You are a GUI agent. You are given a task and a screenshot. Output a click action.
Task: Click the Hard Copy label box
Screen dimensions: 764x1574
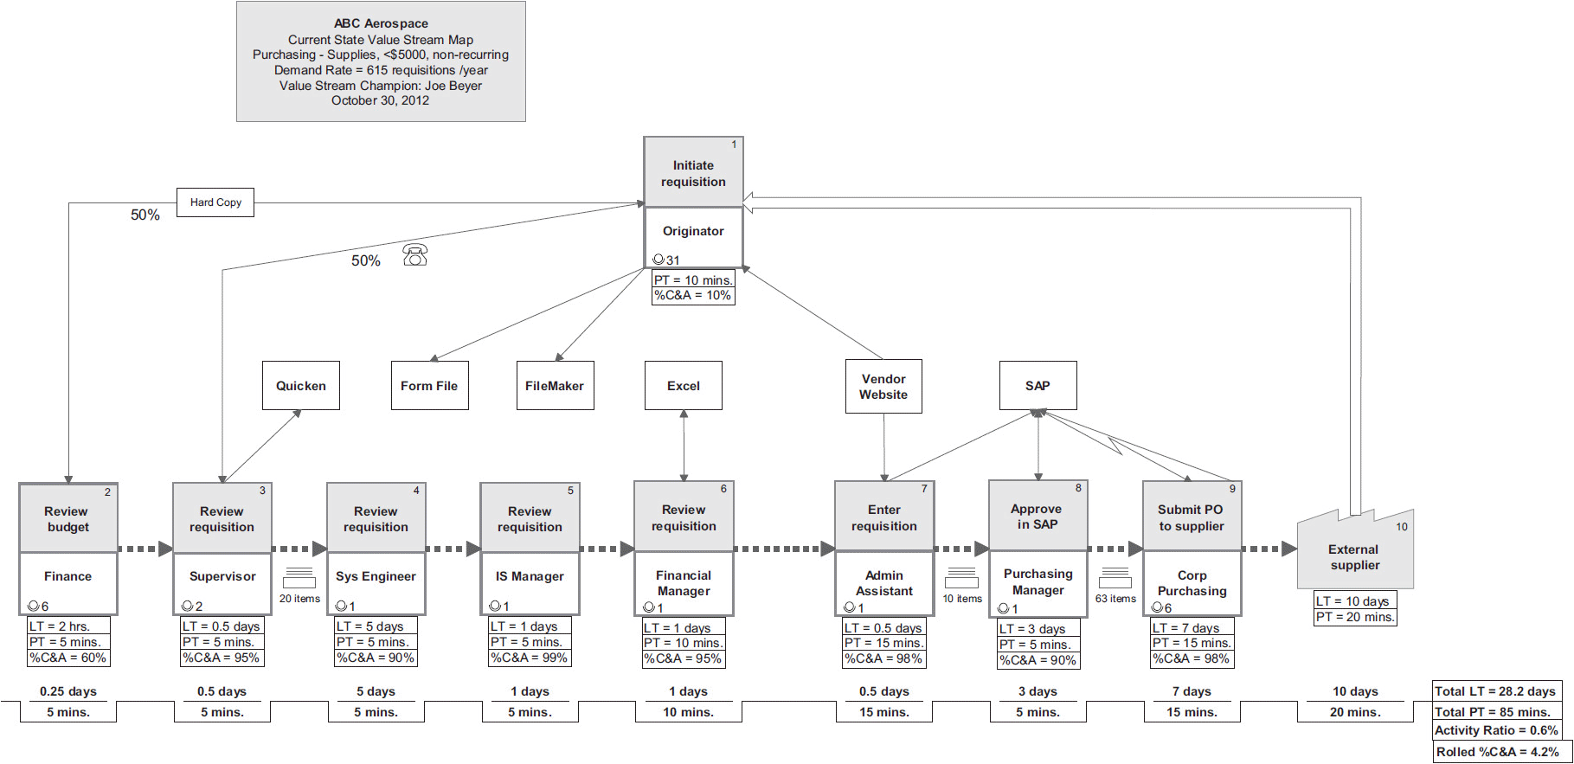(x=215, y=202)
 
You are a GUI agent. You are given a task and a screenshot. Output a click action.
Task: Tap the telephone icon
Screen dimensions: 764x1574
(x=415, y=255)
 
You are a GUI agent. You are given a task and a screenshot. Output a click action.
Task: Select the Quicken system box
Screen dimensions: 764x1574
(x=301, y=386)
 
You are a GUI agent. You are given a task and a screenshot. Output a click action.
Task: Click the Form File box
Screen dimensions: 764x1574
(x=429, y=386)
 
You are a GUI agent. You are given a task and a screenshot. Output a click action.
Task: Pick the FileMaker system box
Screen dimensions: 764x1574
(x=555, y=386)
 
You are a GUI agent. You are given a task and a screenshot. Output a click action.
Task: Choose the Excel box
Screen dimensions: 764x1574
(x=684, y=386)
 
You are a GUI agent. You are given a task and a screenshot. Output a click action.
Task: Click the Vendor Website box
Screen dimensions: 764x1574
(x=883, y=387)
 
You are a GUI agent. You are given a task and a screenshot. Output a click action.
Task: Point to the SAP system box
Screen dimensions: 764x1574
(x=1038, y=386)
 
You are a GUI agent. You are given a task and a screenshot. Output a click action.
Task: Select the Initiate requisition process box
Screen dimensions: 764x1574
(x=693, y=173)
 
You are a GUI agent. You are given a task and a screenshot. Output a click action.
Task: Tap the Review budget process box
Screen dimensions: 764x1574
(x=68, y=518)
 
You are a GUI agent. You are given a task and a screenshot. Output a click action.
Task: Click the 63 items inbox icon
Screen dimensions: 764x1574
(x=1115, y=579)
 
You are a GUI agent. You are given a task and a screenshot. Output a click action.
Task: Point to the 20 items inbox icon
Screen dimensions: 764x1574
(x=299, y=579)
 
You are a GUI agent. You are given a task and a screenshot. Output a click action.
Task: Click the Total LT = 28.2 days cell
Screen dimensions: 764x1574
(x=1496, y=691)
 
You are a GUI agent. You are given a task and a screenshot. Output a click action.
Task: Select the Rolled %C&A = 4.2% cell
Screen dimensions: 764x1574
(x=1496, y=752)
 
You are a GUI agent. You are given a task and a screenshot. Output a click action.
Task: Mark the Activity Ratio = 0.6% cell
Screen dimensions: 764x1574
(x=1496, y=731)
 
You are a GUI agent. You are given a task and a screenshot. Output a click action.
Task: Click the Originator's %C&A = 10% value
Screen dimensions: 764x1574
(x=693, y=296)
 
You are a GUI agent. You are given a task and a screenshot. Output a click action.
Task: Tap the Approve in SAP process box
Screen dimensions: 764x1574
(x=1038, y=517)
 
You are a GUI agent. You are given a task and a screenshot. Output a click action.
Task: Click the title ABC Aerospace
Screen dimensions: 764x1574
(x=381, y=23)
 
